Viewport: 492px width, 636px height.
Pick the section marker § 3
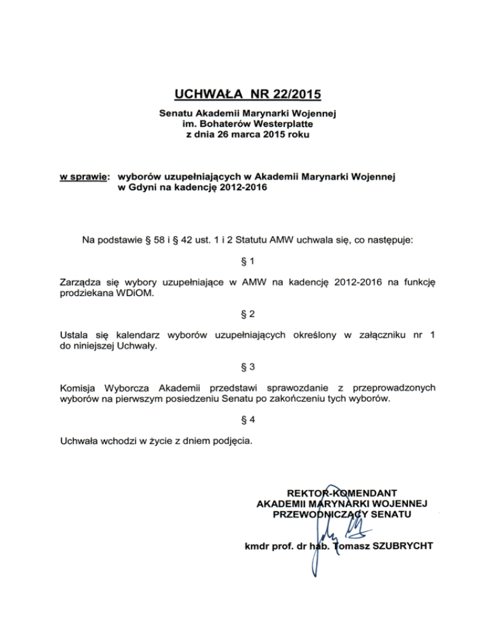[x=246, y=367]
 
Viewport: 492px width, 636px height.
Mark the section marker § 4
[x=246, y=420]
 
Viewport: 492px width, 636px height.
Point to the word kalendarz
[x=137, y=335]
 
